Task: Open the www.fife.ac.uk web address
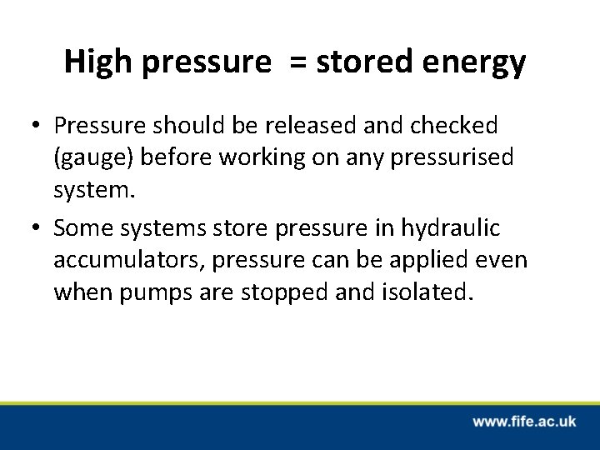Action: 524,422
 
